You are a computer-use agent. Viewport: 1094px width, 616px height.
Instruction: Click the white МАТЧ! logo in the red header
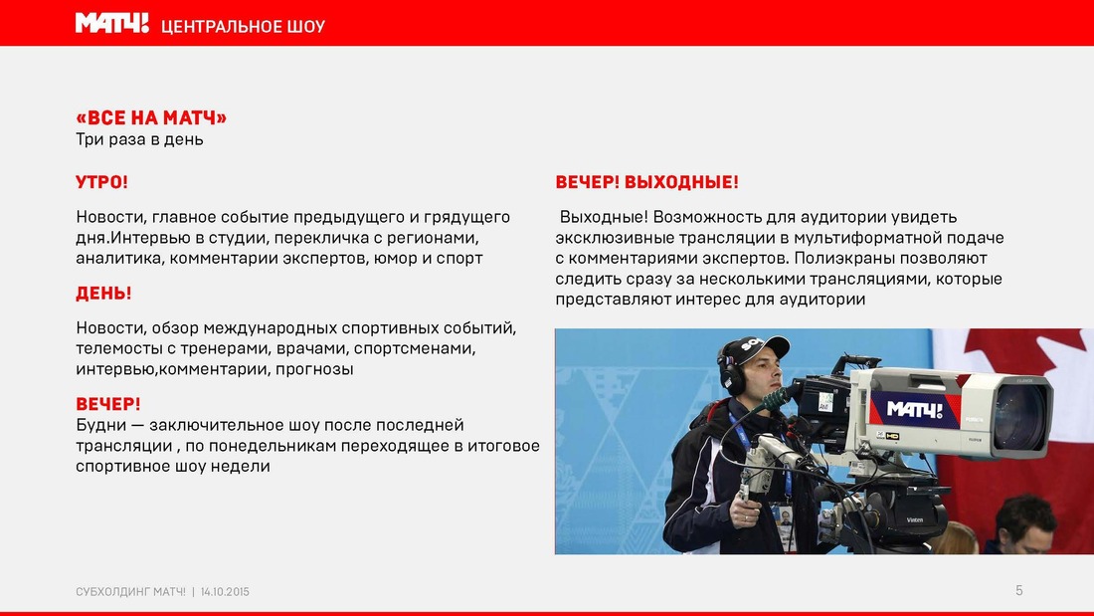[112, 24]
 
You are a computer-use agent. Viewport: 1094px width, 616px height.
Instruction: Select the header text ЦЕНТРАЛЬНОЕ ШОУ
[243, 27]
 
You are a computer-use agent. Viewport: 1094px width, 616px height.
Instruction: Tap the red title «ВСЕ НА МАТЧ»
[151, 117]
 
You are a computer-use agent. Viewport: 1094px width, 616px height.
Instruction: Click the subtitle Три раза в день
[139, 139]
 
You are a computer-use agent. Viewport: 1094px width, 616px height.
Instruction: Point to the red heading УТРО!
[101, 182]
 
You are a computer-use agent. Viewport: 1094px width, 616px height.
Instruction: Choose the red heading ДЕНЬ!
[103, 294]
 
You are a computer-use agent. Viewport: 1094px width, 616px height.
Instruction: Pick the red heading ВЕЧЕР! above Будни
[108, 404]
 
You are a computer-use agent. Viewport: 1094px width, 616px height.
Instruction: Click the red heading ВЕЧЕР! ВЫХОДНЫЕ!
[646, 182]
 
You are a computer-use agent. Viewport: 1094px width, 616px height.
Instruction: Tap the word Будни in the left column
[99, 425]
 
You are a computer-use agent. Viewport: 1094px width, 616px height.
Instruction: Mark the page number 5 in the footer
[1018, 591]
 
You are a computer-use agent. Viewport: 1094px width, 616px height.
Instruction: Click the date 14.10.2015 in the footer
[225, 591]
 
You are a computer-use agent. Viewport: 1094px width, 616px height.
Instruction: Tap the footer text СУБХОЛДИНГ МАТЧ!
[130, 591]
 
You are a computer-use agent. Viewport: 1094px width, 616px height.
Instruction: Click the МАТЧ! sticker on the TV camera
[914, 410]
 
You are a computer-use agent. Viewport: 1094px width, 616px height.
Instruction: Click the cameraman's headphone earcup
[732, 379]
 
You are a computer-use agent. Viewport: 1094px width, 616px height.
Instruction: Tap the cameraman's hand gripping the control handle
[746, 512]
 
